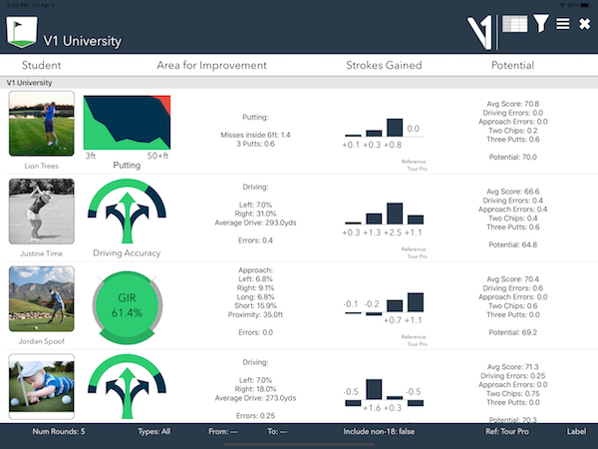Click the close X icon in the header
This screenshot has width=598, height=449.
click(x=584, y=24)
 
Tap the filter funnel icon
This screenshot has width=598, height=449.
click(x=540, y=23)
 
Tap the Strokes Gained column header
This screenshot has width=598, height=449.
click(x=384, y=66)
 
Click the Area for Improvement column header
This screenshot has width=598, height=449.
click(x=211, y=66)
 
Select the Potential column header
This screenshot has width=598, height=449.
click(x=512, y=66)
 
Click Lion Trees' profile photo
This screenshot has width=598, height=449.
click(x=41, y=124)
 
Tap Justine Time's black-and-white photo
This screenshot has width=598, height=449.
click(x=41, y=211)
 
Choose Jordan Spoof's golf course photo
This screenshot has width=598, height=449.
click(x=41, y=297)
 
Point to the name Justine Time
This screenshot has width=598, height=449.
click(x=41, y=252)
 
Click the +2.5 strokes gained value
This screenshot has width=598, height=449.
click(x=394, y=232)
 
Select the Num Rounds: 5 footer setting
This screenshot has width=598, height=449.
click(x=58, y=432)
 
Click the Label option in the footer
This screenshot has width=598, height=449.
click(x=576, y=432)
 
